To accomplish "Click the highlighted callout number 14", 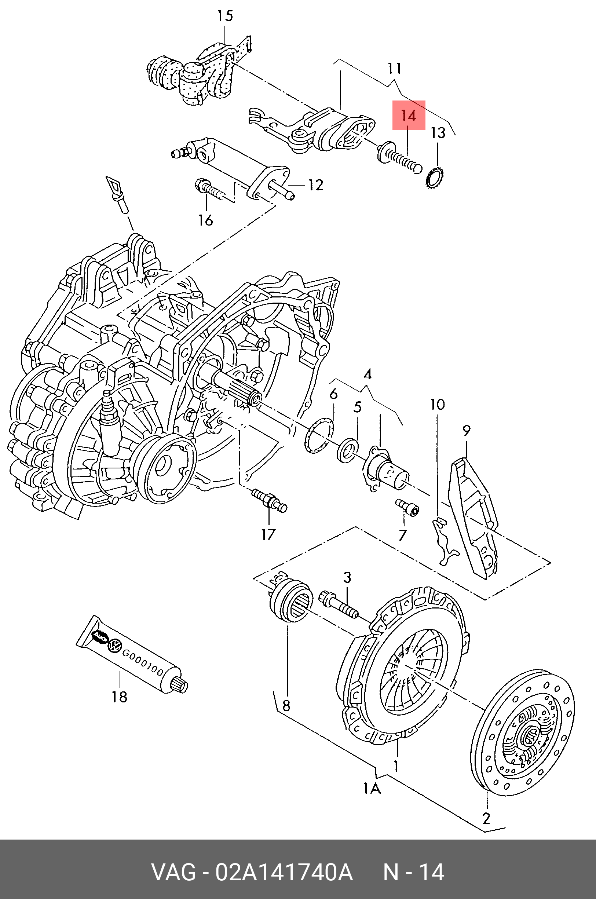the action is [x=409, y=115].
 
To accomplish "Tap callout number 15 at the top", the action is [x=225, y=16].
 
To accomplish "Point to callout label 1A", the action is [x=372, y=789].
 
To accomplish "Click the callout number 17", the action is [x=268, y=534].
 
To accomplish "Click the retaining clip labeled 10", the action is [x=443, y=541].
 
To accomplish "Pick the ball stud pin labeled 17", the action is [x=269, y=500].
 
